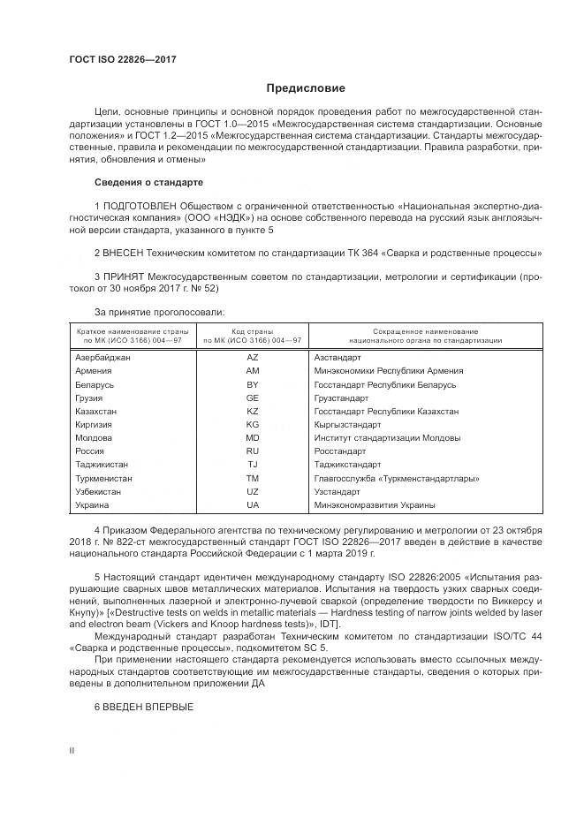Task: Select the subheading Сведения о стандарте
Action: click(x=148, y=182)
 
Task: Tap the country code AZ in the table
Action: click(x=253, y=358)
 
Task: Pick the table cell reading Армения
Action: click(x=94, y=371)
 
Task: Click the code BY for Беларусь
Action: click(x=253, y=385)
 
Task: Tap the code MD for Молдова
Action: click(x=253, y=438)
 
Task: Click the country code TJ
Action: click(x=253, y=465)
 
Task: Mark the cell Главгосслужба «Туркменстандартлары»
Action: click(x=397, y=478)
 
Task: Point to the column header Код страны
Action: click(x=253, y=330)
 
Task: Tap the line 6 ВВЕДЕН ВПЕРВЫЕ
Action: click(x=143, y=708)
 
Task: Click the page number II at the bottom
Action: click(x=72, y=751)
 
